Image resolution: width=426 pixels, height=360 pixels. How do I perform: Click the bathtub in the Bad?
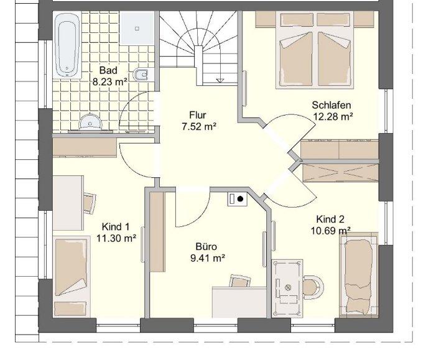(67, 45)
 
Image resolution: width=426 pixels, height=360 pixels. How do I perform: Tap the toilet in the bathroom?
(142, 75)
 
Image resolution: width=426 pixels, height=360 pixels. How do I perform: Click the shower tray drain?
(137, 28)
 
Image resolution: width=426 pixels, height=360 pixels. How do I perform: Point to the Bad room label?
(108, 70)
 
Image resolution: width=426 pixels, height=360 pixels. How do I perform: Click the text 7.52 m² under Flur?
(199, 126)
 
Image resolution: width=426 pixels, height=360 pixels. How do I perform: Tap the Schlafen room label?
(331, 105)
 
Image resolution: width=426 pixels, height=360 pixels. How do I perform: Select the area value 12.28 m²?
(333, 116)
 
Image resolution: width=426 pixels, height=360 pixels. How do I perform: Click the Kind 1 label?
(116, 226)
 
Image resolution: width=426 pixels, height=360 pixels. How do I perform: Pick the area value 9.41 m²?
(208, 258)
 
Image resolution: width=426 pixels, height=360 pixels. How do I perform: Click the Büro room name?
(206, 246)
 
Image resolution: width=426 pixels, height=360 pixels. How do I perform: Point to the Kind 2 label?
(330, 219)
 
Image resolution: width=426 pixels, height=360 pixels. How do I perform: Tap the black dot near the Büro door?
(240, 199)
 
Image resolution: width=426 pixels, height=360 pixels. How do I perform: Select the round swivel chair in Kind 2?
(313, 287)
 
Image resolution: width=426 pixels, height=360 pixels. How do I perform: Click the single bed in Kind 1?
(72, 276)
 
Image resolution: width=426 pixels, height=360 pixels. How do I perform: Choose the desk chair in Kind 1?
(90, 203)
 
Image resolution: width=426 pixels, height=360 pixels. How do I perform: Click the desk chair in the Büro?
(239, 281)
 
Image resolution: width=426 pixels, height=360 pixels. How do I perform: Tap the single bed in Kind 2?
(359, 274)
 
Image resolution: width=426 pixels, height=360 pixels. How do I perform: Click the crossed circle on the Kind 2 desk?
(288, 287)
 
